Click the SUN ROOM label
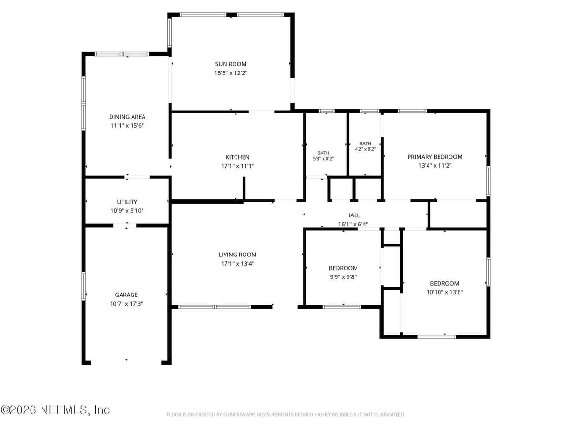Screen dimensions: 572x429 (x=231, y=64)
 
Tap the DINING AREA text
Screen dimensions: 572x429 (x=127, y=117)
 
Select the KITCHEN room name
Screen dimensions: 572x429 (x=237, y=157)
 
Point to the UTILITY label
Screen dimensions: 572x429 (x=127, y=202)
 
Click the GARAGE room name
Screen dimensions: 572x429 (x=126, y=295)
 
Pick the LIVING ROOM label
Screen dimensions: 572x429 (x=237, y=255)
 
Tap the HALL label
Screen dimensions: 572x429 (x=353, y=215)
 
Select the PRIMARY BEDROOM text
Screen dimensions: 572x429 (x=435, y=157)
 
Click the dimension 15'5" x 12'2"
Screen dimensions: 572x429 (x=231, y=73)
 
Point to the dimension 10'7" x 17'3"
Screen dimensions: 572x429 (x=126, y=304)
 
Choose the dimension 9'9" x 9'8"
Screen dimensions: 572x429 (x=343, y=277)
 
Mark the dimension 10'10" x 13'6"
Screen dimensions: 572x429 (x=445, y=292)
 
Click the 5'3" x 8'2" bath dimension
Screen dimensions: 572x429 (x=323, y=159)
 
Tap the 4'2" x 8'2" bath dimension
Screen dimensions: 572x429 (x=365, y=149)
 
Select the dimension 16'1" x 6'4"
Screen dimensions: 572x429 (x=353, y=224)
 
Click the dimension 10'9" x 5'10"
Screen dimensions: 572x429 (x=127, y=211)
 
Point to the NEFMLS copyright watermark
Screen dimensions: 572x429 (x=55, y=410)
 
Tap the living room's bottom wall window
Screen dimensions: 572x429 (x=214, y=307)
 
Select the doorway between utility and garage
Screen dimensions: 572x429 (x=125, y=225)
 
